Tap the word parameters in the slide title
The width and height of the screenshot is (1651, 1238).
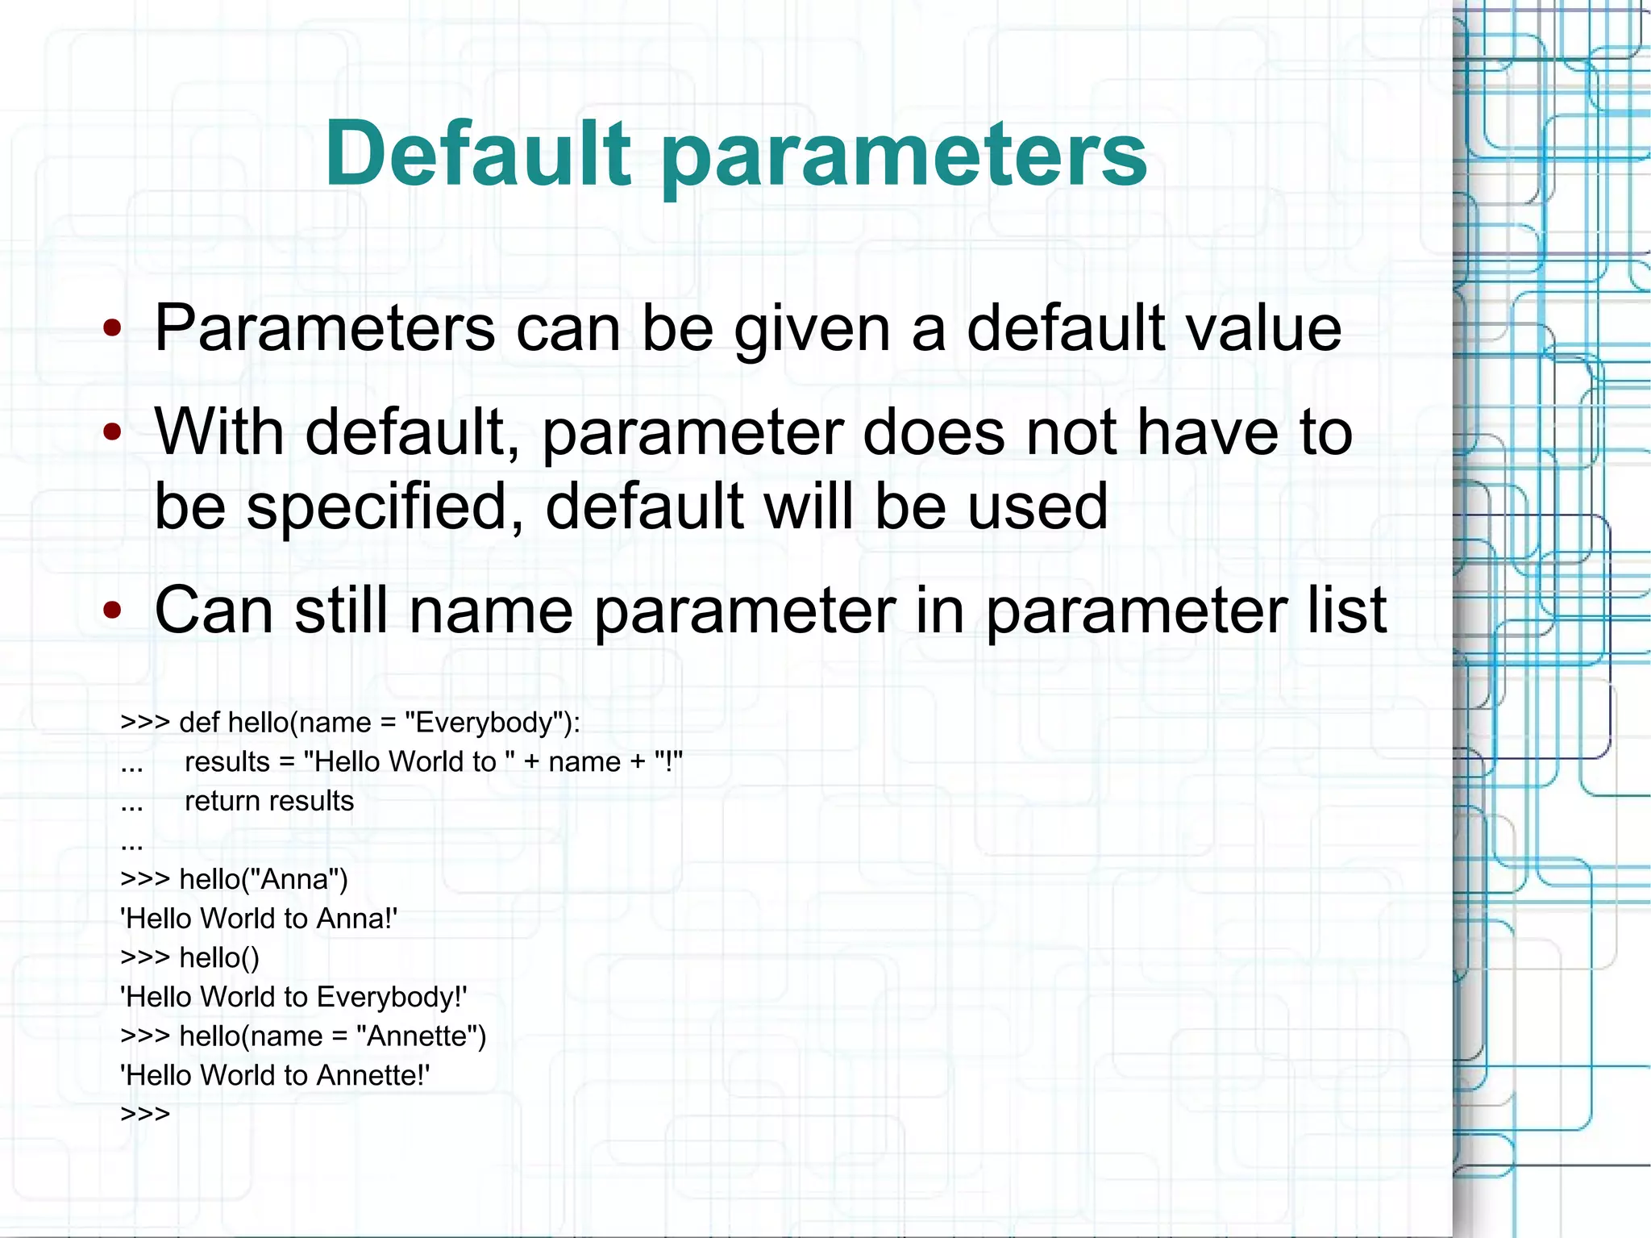pos(904,157)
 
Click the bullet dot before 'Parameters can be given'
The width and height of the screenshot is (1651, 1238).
pos(112,328)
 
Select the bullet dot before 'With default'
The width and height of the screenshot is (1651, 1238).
pos(112,431)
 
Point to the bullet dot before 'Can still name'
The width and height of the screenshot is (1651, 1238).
pos(112,611)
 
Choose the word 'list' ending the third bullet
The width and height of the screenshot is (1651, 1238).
pos(1345,611)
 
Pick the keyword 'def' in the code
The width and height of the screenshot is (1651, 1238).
pos(199,722)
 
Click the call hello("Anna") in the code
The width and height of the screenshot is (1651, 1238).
pos(264,879)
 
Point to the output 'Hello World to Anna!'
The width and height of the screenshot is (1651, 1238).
pos(259,919)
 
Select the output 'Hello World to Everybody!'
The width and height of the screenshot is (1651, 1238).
pos(293,997)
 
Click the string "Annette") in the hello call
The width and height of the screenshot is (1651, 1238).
pos(421,1036)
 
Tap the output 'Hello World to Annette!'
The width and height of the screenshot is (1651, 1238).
pos(275,1075)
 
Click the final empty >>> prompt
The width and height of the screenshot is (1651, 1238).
pos(145,1115)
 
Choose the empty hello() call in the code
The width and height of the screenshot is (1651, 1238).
pos(219,958)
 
